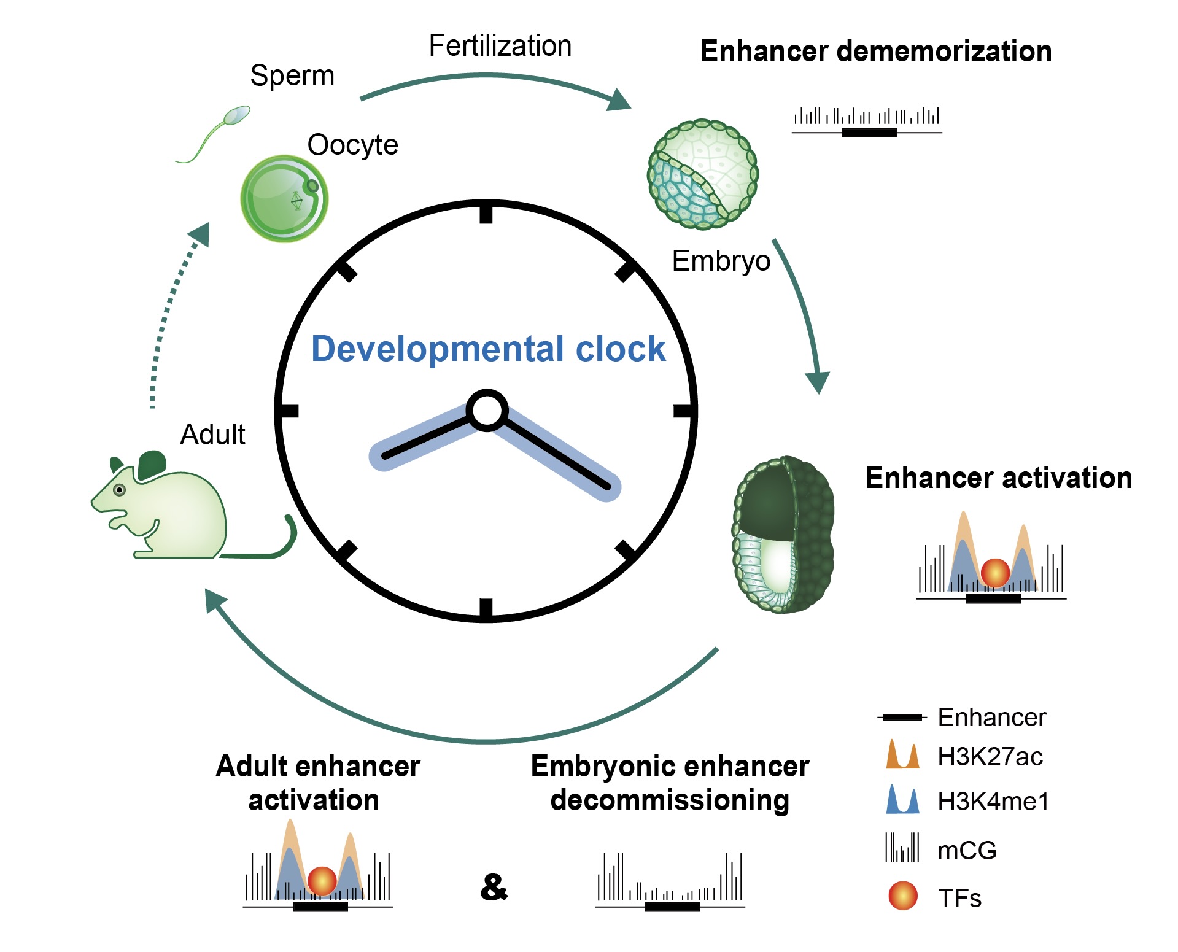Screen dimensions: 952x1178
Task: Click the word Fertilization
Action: [x=500, y=46]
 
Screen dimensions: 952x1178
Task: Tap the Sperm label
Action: [x=292, y=76]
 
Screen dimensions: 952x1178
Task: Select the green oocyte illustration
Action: [x=284, y=198]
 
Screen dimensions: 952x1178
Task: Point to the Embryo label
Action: [x=721, y=261]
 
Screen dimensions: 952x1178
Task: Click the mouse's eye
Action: [x=120, y=490]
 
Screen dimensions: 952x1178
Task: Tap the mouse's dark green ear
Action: [x=152, y=464]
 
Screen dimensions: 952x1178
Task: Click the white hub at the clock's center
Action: [x=487, y=411]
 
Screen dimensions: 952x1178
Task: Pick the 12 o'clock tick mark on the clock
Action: [x=486, y=214]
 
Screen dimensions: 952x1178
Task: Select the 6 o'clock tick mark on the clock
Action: [x=486, y=608]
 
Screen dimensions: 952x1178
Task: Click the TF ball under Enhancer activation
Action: [x=995, y=573]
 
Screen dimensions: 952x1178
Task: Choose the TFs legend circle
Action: [x=903, y=896]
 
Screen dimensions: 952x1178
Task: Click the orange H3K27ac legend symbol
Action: [x=902, y=756]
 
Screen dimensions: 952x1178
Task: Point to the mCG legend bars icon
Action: [x=902, y=848]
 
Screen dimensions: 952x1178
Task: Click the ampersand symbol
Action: [x=494, y=887]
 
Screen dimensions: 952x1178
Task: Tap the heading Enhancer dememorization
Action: [x=876, y=52]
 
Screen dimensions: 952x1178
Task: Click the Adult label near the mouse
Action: [x=212, y=435]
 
